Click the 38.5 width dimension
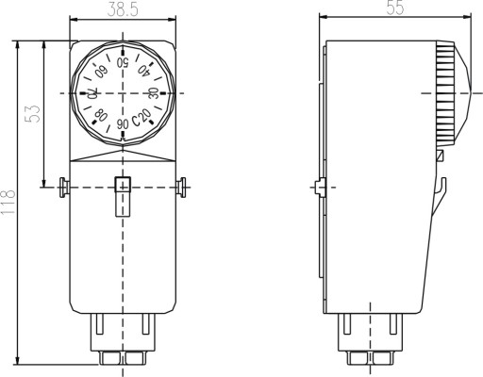123,10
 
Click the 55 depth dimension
395,8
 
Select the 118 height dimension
8,202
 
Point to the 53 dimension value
34,114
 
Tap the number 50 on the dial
123,63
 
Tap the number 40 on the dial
143,71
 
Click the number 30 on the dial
153,93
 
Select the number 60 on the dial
102,71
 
